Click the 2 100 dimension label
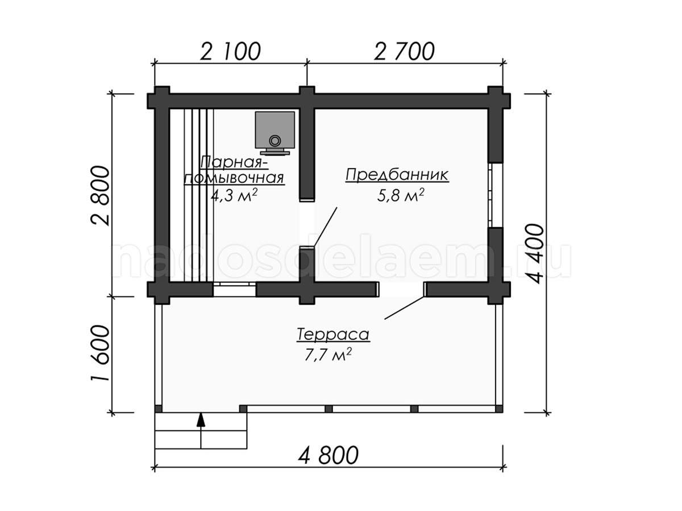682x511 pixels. [x=230, y=52]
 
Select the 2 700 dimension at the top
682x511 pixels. [x=404, y=52]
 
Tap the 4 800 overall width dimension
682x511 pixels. [x=328, y=455]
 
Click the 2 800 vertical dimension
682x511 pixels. [x=101, y=196]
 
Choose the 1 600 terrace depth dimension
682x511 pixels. [x=101, y=353]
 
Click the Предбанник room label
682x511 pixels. [x=397, y=175]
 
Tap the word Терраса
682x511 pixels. [x=333, y=334]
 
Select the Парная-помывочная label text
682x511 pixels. [x=234, y=170]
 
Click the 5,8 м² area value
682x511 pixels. [x=401, y=195]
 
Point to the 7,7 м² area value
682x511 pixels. [x=328, y=355]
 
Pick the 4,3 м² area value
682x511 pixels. [x=234, y=195]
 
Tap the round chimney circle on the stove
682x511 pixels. [x=275, y=141]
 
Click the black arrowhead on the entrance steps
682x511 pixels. [x=201, y=420]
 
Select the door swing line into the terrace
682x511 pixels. [x=404, y=308]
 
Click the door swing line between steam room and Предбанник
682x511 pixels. [x=325, y=227]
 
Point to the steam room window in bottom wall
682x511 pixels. [x=234, y=290]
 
